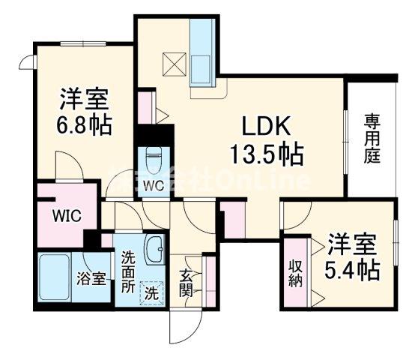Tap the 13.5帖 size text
tap(266, 156)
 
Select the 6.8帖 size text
tap(85, 124)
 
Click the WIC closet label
tap(66, 216)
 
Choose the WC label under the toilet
tap(154, 184)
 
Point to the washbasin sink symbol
tap(156, 249)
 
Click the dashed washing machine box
tap(152, 292)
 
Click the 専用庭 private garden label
tap(371, 139)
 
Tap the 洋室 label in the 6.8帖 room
tap(85, 99)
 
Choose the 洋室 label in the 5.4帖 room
tap(351, 244)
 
